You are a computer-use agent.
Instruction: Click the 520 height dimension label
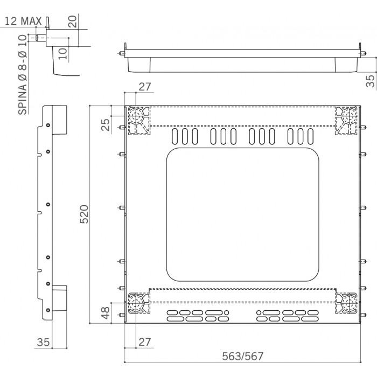click(x=85, y=214)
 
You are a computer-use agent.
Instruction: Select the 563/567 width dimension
click(x=242, y=357)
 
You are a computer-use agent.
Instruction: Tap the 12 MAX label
click(x=23, y=21)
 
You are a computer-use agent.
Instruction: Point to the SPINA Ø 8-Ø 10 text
click(x=23, y=75)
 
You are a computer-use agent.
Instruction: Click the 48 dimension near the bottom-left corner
click(x=106, y=313)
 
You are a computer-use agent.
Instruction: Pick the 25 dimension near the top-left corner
click(x=106, y=125)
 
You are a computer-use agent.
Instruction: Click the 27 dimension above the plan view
click(x=145, y=87)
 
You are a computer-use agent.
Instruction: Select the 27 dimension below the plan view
click(x=145, y=342)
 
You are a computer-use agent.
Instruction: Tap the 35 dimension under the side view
click(x=43, y=342)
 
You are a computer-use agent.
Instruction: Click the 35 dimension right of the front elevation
click(x=371, y=81)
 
